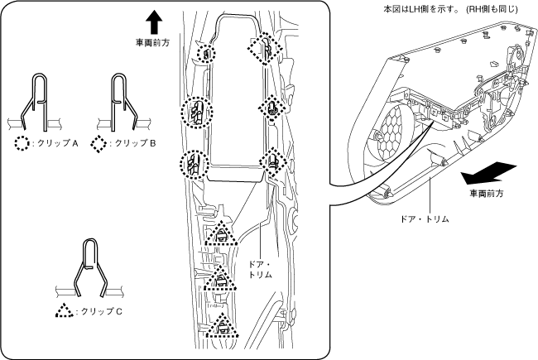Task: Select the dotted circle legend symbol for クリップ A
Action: (x=21, y=142)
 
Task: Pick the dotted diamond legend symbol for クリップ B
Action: (x=98, y=142)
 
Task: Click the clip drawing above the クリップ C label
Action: (x=91, y=269)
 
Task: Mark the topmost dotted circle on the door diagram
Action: (x=204, y=53)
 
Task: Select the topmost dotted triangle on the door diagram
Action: (x=221, y=235)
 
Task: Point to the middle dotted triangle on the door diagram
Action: (x=220, y=281)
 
